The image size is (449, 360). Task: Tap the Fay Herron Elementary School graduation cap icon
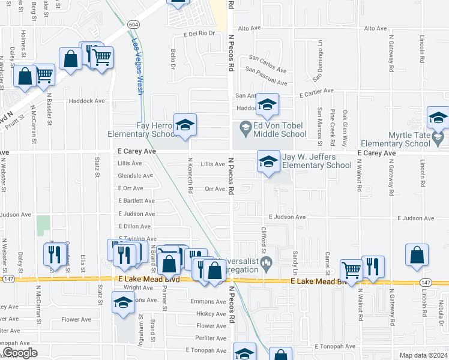click(185, 125)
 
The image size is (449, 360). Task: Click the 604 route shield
click(133, 24)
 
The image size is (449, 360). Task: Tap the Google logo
click(20, 353)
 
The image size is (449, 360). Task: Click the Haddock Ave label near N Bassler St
click(87, 101)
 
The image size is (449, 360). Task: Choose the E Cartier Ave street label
click(316, 91)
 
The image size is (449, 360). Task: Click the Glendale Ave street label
click(136, 176)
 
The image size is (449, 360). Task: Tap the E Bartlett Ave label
click(137, 201)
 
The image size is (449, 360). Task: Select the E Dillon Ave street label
click(134, 226)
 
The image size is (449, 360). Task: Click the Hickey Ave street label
click(211, 314)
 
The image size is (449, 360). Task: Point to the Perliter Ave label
click(210, 338)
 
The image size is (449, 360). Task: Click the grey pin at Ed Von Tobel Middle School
click(245, 127)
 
